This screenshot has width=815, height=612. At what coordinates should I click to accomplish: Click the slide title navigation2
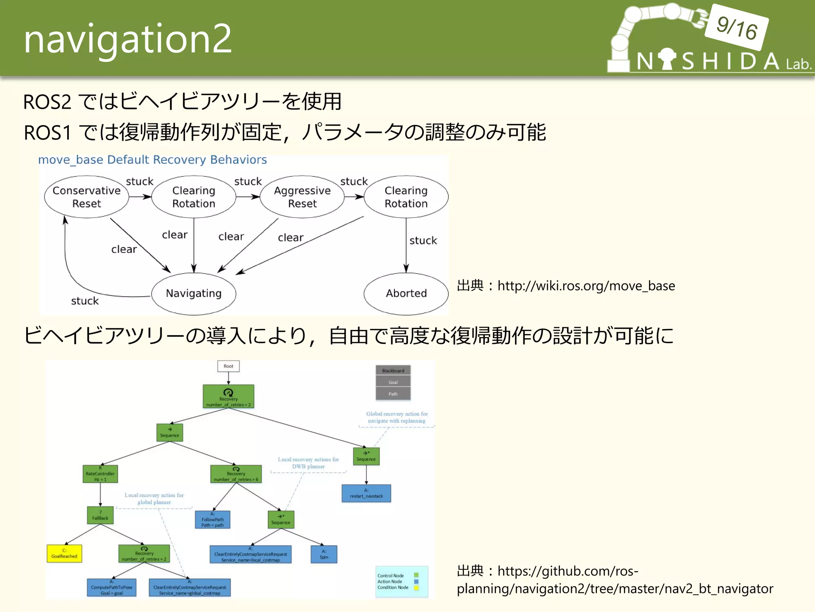127,39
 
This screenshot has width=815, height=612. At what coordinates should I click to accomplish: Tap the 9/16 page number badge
737,27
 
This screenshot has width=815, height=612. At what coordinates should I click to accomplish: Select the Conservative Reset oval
87,197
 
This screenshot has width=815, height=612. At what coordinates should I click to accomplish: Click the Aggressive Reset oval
302,197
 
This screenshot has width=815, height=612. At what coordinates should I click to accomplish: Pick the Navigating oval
194,294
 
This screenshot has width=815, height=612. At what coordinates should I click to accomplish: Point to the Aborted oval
406,294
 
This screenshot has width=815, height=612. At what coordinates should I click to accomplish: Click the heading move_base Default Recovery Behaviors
152,160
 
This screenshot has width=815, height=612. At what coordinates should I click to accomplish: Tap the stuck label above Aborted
423,241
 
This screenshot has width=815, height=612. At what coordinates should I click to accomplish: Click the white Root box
228,366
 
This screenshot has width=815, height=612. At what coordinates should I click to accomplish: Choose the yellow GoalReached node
64,554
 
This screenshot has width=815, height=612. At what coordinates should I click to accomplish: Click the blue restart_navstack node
366,494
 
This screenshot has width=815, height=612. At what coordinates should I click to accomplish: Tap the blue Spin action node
324,554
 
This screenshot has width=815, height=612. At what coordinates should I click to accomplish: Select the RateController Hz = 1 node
100,474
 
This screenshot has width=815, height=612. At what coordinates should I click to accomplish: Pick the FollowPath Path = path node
213,520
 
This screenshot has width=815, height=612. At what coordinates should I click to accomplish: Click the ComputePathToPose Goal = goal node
111,588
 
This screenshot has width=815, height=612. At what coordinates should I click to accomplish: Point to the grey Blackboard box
393,371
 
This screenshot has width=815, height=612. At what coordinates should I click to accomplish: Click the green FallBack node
100,516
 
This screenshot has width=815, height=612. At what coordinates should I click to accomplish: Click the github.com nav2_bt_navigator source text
615,580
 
